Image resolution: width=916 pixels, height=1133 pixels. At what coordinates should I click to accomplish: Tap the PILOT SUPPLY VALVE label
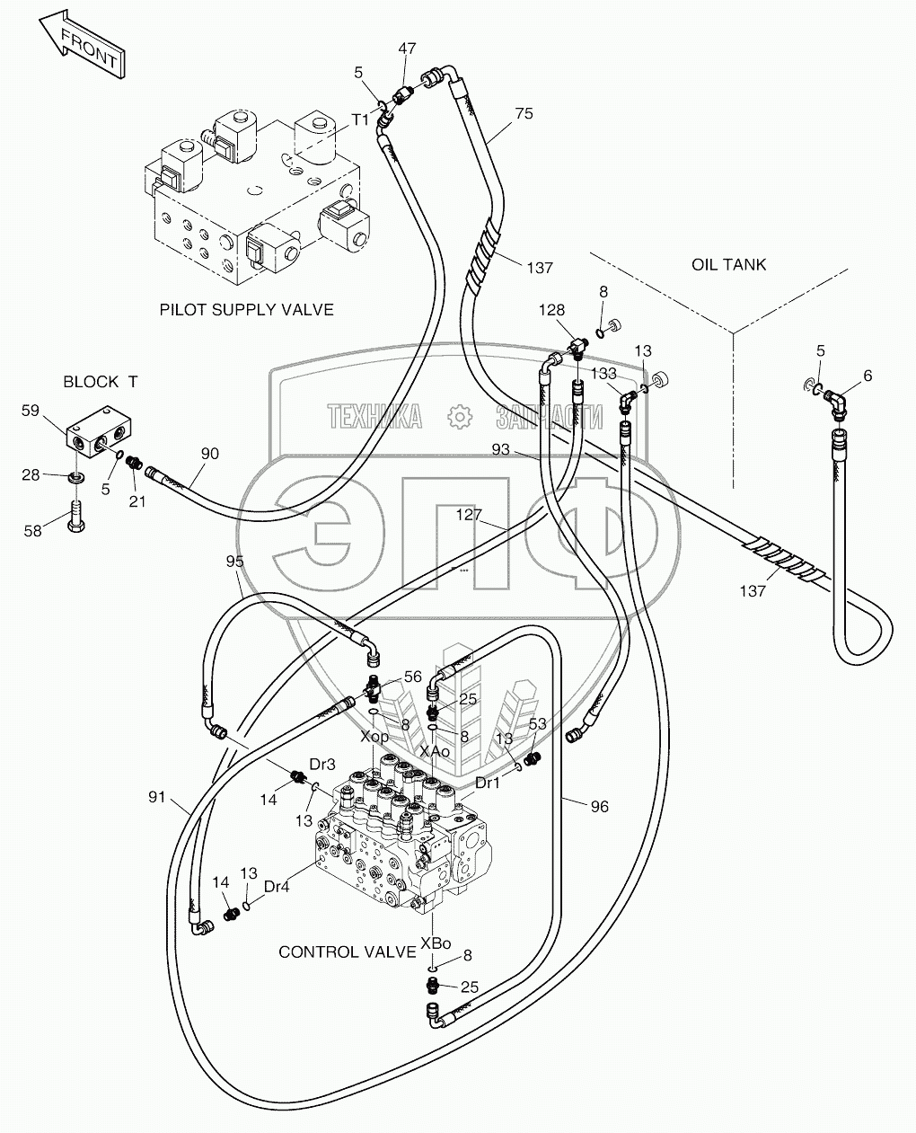coord(247,310)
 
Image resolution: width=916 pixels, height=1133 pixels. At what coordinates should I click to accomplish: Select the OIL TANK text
coord(728,264)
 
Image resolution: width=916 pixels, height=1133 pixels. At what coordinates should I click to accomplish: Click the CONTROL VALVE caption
coord(348,952)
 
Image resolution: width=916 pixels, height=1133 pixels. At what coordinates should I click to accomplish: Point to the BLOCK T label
coord(101,381)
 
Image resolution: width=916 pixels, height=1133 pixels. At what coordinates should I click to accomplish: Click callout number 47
coord(407,49)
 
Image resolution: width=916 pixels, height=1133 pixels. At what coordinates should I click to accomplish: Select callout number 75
coord(524,113)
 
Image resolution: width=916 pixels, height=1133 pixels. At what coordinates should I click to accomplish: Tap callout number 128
coord(551,310)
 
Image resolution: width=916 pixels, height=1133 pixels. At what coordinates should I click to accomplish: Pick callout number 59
coord(31,410)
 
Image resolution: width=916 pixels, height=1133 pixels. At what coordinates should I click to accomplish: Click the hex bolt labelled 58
coord(76,516)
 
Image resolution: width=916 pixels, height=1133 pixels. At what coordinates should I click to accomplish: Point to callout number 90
coord(209,453)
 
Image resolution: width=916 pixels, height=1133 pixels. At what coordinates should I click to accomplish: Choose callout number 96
coord(599,807)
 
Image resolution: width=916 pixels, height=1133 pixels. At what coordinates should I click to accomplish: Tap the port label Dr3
coord(322,765)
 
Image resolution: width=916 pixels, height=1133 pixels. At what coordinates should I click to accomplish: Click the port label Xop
coord(374,737)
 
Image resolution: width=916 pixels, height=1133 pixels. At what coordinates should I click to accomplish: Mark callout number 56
coord(412,677)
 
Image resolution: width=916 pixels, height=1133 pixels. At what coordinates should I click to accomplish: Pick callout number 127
coord(469,514)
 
